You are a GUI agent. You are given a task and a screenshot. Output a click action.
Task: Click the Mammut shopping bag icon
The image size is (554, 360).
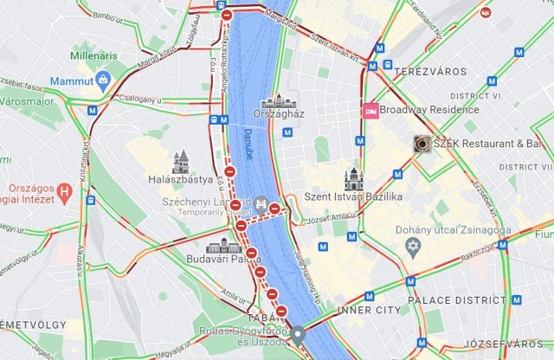(103, 80)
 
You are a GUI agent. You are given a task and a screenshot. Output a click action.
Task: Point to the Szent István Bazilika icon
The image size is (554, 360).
(351, 178)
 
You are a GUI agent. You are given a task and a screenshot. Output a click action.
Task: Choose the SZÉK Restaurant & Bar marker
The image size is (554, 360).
(422, 144)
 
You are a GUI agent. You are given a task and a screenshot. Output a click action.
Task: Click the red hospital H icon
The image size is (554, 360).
(64, 190)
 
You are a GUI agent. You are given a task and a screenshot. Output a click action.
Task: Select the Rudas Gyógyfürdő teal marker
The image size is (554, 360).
(298, 334)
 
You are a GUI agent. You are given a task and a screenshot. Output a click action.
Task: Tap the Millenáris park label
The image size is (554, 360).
(97, 55)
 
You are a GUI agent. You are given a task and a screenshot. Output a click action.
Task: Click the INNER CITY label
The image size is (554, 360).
(370, 310)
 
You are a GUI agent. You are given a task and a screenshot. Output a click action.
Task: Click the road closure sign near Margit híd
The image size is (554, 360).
(226, 15)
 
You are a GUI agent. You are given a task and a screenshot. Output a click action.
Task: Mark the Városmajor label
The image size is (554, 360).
(21, 101)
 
